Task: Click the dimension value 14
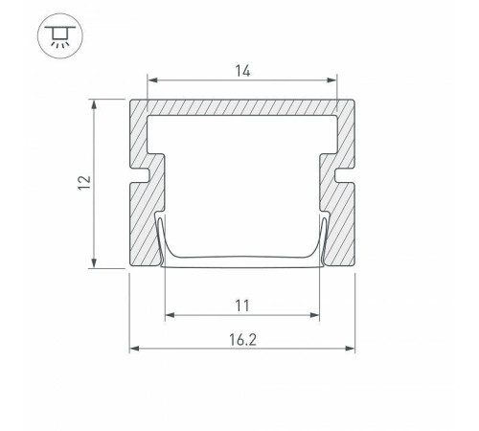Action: coord(242,71)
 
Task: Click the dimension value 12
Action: coord(85,183)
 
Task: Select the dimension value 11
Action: coord(242,306)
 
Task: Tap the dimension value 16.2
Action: coord(242,340)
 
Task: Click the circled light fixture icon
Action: coord(60,35)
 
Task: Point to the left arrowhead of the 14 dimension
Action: coord(152,80)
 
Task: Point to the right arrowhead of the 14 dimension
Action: coord(331,80)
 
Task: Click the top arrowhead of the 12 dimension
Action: coord(94,104)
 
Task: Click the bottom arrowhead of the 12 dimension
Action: coord(94,262)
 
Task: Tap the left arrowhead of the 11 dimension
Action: coord(171,315)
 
